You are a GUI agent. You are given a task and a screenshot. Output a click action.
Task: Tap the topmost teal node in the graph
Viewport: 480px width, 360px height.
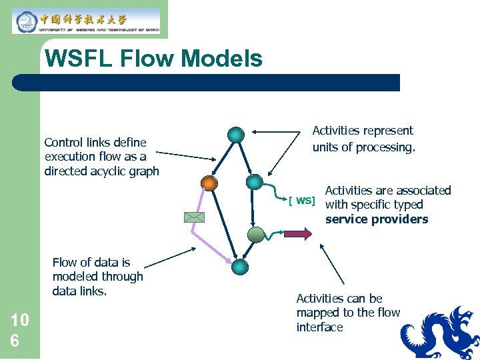click(235, 135)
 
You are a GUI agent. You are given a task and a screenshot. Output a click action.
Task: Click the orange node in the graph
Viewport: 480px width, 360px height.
click(209, 183)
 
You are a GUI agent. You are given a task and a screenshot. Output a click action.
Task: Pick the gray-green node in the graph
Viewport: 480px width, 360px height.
click(256, 234)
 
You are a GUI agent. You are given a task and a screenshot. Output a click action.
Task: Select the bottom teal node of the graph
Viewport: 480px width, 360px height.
click(239, 267)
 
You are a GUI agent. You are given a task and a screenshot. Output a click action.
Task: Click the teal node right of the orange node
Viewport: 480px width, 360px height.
click(254, 182)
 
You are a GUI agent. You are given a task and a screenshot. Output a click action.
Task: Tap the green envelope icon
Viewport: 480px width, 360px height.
click(195, 217)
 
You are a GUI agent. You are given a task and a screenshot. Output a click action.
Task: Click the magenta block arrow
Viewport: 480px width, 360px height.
click(297, 233)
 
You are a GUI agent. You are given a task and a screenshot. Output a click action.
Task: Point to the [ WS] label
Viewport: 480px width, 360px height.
click(301, 201)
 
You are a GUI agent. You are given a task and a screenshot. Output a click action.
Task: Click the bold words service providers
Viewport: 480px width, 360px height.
click(376, 219)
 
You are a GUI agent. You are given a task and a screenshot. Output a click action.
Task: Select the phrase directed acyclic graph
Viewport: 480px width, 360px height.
click(101, 171)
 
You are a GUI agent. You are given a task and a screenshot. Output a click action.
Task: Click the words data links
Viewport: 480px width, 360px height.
click(79, 291)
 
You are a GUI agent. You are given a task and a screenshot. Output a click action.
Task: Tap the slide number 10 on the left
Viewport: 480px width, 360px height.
click(19, 320)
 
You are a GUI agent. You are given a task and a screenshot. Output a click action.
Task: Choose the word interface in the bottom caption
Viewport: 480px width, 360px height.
click(319, 327)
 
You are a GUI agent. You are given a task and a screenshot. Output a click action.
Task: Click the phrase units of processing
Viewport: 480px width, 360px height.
click(363, 147)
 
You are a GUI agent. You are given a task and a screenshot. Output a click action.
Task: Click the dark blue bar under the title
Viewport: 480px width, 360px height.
click(207, 83)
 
